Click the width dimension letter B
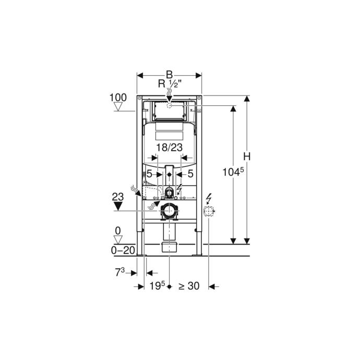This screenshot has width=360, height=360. (169, 75)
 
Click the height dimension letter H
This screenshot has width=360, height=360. (247, 157)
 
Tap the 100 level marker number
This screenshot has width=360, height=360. (118, 98)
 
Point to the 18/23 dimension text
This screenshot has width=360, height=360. (170, 148)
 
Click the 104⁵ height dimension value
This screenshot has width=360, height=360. (233, 172)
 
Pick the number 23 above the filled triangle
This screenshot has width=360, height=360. (118, 197)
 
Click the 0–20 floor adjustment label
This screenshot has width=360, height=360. (123, 250)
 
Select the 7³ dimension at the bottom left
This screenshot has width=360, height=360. (119, 272)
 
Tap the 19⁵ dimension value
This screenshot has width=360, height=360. (157, 286)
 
